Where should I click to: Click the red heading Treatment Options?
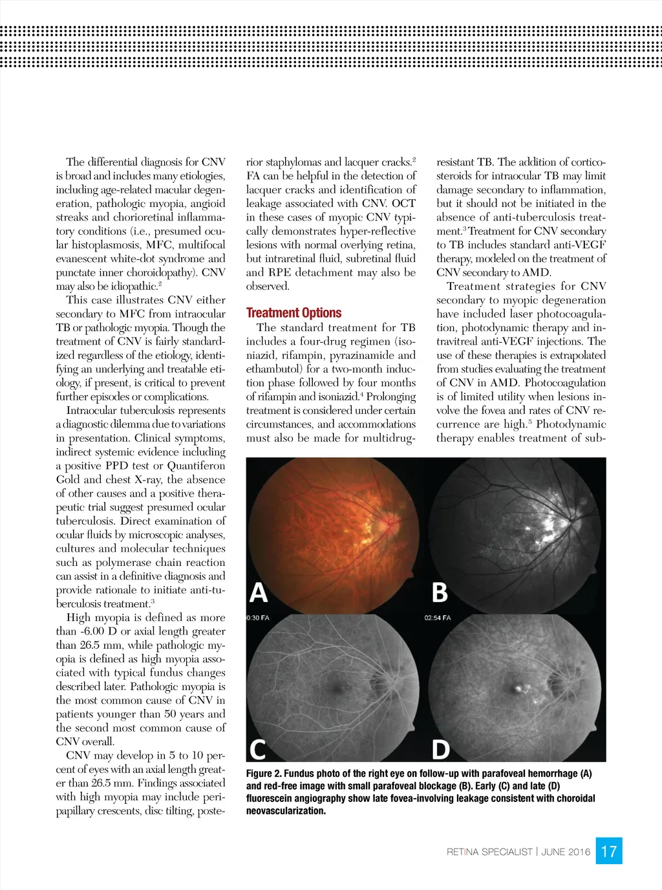point(294,313)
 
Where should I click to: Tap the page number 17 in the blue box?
point(609,851)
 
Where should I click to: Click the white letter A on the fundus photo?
point(259,592)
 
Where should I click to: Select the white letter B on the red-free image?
point(440,592)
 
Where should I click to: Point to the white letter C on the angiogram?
point(258,750)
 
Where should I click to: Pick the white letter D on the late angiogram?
point(441,750)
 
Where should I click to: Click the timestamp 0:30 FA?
point(258,618)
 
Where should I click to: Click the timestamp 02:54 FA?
point(438,618)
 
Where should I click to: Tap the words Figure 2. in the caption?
point(263,774)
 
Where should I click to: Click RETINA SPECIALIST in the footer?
point(489,852)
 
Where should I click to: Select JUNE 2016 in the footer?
point(566,852)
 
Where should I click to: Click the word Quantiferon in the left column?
point(197,466)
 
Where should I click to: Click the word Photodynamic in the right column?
point(571,424)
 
